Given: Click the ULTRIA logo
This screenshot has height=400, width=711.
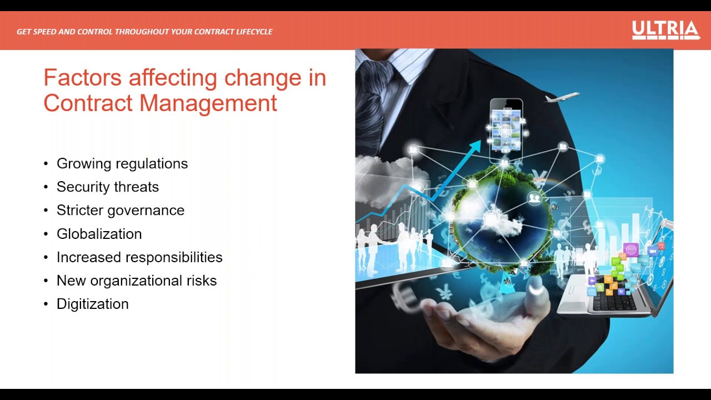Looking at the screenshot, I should coord(665,30).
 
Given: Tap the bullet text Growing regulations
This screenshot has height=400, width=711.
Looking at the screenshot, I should coord(122,163).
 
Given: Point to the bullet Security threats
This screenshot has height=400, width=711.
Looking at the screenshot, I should coord(108,187).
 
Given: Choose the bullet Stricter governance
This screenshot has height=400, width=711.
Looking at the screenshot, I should coord(121,210).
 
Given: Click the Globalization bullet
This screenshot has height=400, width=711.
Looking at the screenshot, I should coord(99,234).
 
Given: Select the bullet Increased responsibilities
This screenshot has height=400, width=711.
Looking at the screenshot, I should coord(139,257).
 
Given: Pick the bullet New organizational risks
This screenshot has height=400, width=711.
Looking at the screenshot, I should coord(137,281).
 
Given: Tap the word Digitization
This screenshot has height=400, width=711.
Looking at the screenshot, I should coord(93,304).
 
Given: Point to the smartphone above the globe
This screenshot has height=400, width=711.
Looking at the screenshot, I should coord(505,127).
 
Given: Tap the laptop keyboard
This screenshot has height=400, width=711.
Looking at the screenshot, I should coord(614,302).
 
